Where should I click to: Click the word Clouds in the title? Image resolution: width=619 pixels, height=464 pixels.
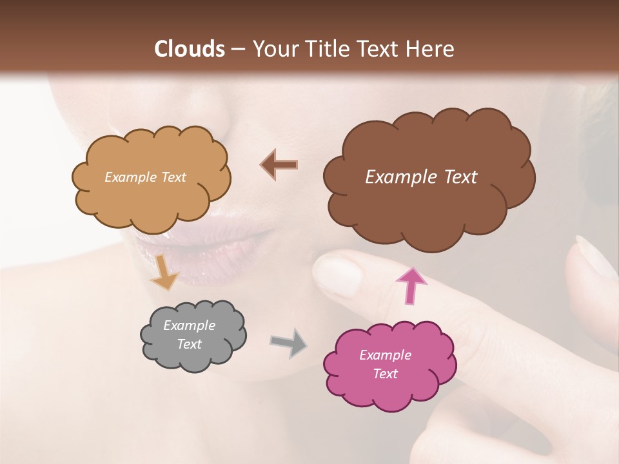coord(190,49)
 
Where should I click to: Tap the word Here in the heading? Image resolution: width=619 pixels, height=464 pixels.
coord(429,49)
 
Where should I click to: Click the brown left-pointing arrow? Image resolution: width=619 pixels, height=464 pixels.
coord(279,165)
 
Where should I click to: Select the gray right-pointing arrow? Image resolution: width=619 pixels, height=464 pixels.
coord(288,342)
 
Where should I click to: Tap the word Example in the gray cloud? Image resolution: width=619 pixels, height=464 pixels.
coord(189,325)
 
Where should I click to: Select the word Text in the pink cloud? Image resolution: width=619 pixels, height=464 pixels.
coord(385,374)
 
